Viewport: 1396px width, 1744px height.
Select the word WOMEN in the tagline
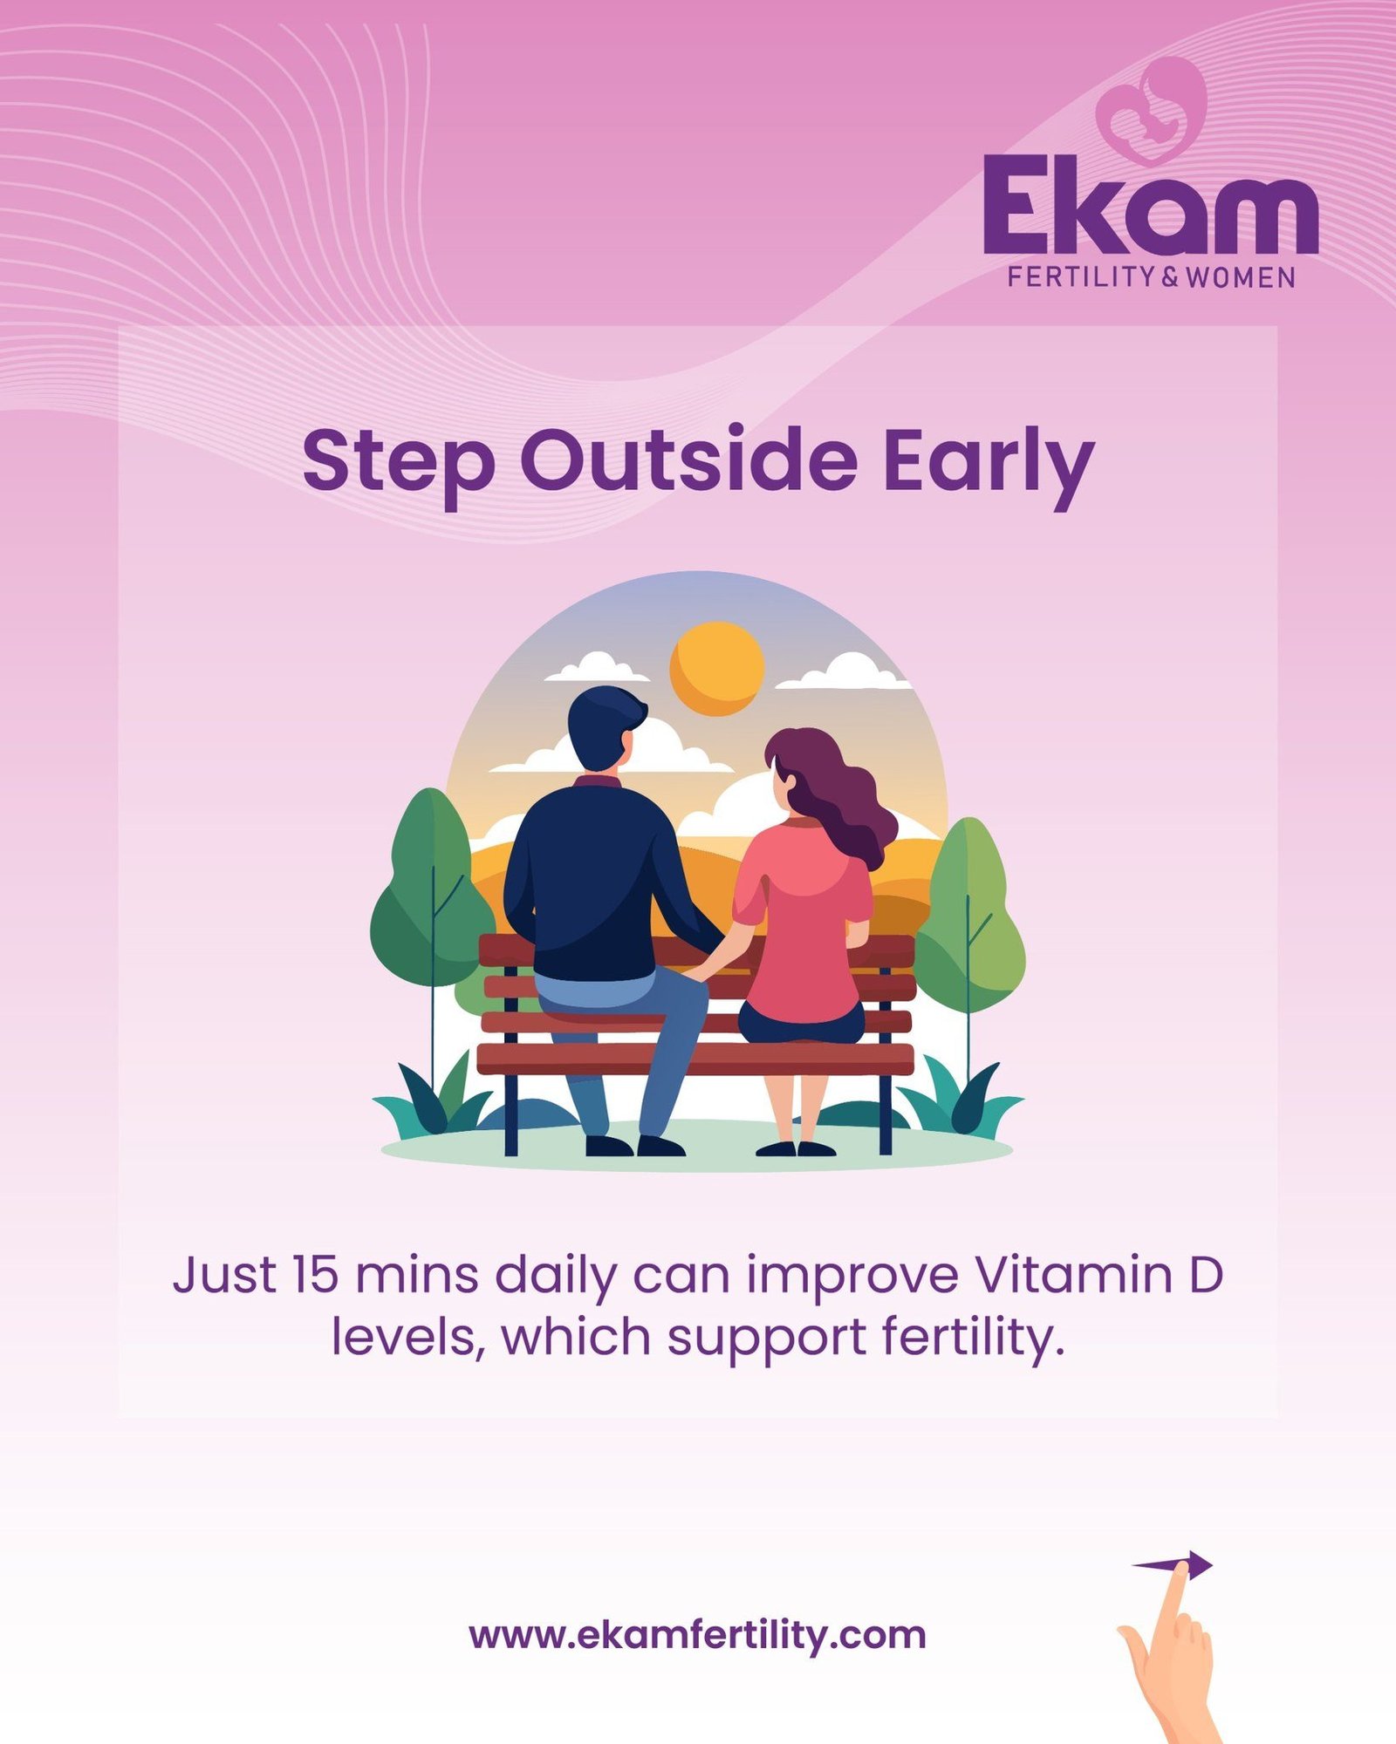[1240, 277]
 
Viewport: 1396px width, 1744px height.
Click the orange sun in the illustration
[717, 668]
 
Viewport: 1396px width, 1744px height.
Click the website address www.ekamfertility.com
[697, 1635]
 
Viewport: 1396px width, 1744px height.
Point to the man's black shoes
[635, 1145]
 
